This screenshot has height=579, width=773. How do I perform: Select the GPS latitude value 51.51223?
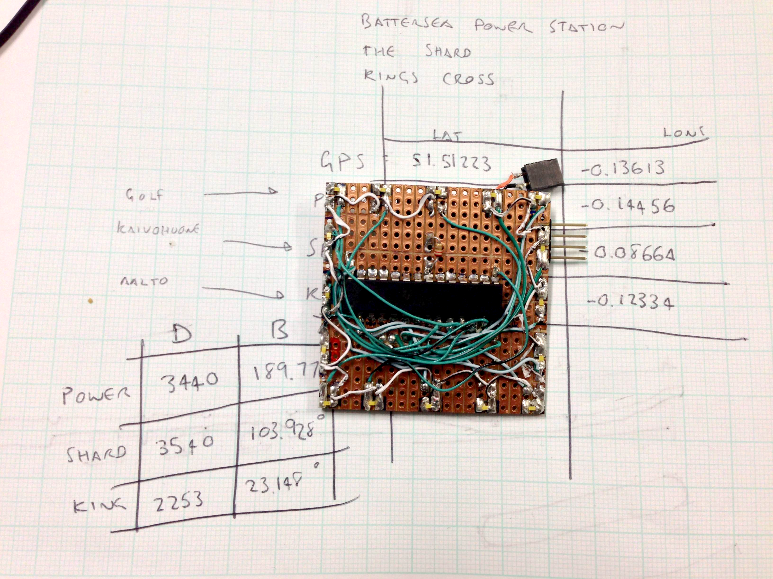coord(451,163)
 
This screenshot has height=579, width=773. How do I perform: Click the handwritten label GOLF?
coord(144,195)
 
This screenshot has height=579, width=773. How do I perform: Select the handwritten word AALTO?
coord(144,281)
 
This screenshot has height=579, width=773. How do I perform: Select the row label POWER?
coord(96,395)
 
